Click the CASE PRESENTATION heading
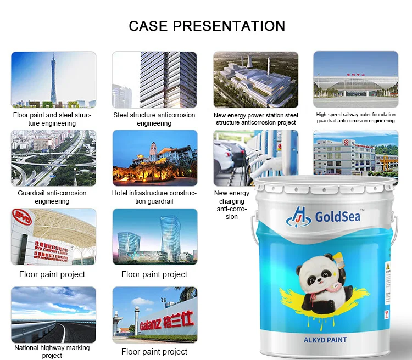point(207,26)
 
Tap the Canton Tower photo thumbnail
point(53,79)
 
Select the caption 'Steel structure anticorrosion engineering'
point(154,119)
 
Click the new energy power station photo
point(255,79)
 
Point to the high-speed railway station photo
point(355,79)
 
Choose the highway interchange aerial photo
point(53,158)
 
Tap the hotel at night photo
point(154,158)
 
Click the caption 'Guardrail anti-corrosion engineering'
point(52,197)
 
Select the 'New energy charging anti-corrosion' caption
point(231,205)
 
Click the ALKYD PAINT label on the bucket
point(325,340)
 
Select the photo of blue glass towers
point(154,236)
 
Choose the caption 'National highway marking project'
point(52,352)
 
